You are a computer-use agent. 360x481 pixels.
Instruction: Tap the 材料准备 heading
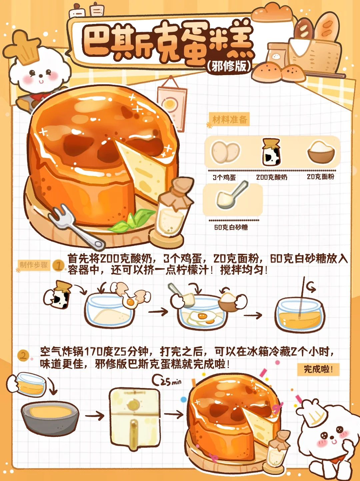[x=230, y=119]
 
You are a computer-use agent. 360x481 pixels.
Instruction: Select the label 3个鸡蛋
[x=224, y=177]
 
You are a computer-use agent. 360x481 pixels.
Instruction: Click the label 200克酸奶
[x=272, y=177]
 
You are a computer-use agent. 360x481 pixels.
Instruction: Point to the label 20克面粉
[x=321, y=177]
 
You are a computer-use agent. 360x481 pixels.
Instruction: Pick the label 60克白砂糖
[x=231, y=227]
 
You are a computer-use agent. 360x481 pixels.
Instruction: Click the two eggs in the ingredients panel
[x=225, y=152]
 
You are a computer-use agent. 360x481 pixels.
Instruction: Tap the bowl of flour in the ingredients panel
[x=321, y=152]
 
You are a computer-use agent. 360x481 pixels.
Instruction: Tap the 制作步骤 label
[x=34, y=265]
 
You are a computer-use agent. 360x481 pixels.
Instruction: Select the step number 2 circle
[x=23, y=356]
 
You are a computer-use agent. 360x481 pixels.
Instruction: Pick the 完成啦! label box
[x=318, y=369]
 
